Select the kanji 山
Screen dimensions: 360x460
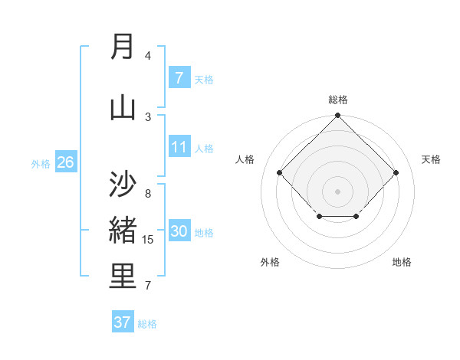pos(123,106)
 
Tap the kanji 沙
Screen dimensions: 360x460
pos(123,184)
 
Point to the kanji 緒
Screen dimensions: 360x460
pos(123,230)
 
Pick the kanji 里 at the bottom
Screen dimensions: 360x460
pos(123,277)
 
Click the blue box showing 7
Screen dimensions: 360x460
pos(179,77)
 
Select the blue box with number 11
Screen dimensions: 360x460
pos(179,147)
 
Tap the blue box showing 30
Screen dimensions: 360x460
pos(179,231)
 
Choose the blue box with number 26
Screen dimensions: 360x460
pos(65,162)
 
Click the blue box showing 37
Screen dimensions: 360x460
pos(123,322)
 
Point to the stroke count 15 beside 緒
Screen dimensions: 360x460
pos(148,240)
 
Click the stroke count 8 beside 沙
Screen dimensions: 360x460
pos(148,194)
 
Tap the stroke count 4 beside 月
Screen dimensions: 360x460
pos(148,55)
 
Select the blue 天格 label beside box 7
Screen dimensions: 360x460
pos(204,79)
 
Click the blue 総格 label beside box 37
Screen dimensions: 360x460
pos(147,324)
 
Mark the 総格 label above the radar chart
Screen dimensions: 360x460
pos(338,100)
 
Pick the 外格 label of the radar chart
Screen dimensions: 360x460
pos(270,262)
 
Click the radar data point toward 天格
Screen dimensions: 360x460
pos(396,173)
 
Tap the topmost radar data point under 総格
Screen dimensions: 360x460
pos(338,116)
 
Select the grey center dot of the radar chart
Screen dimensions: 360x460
pos(338,191)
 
